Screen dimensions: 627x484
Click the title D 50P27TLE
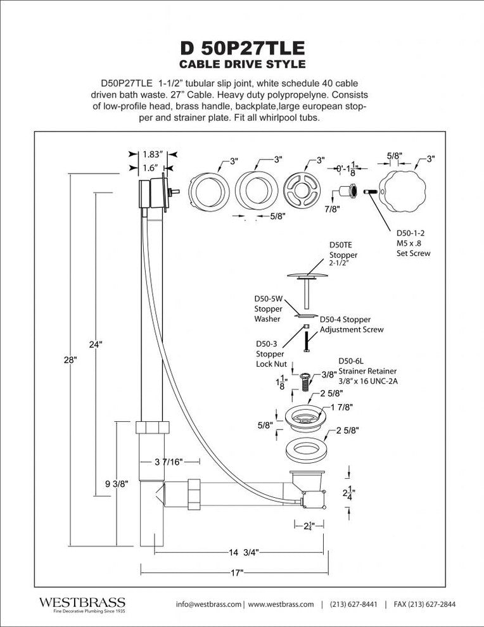tap(242, 47)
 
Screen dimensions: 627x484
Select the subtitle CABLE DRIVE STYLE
tap(242, 64)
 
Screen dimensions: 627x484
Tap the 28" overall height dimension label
tap(70, 359)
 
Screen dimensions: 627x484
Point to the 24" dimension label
tap(96, 345)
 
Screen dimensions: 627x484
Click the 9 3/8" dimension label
tap(117, 483)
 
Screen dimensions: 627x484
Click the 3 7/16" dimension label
tap(169, 462)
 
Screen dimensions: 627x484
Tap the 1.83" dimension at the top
tap(153, 154)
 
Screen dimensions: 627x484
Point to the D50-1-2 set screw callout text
tap(413, 243)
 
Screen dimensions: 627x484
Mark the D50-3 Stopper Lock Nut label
tap(271, 353)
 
